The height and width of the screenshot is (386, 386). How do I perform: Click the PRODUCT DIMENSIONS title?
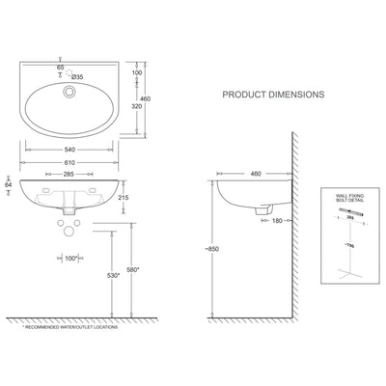[273, 96]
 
